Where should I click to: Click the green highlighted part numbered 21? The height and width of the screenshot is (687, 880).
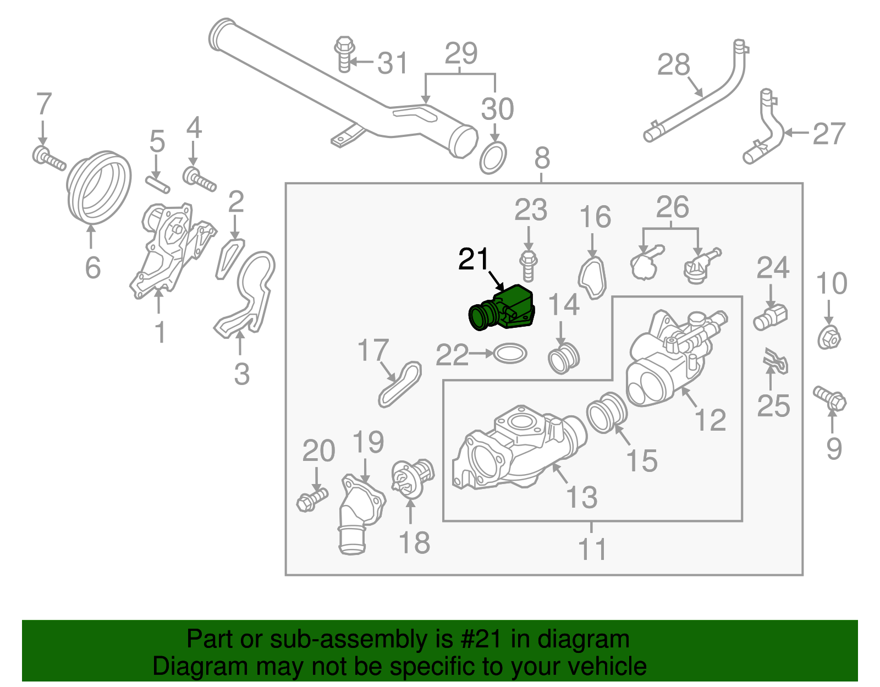tap(503, 309)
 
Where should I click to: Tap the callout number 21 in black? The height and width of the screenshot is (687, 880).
tap(474, 260)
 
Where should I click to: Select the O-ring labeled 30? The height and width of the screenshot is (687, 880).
tap(493, 158)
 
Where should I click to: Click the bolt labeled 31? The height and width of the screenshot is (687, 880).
tap(344, 54)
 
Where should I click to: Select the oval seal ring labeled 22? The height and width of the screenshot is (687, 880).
tap(510, 354)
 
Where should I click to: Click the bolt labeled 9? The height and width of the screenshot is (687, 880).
tap(830, 398)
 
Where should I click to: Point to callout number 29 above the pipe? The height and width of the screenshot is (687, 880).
tap(461, 54)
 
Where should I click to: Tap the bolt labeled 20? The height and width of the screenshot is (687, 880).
tap(312, 498)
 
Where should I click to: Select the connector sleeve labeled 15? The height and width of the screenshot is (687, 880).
tap(607, 413)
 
